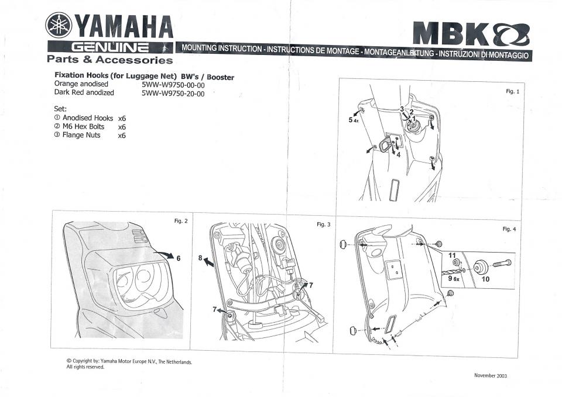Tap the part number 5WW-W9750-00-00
click(x=173, y=85)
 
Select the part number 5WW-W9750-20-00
click(x=173, y=93)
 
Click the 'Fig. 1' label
click(x=512, y=92)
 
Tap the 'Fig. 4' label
click(x=509, y=229)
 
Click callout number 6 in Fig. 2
click(x=179, y=258)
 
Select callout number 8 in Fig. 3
click(x=200, y=257)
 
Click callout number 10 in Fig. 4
click(x=485, y=279)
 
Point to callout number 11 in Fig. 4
click(x=451, y=255)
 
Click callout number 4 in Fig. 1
click(x=398, y=155)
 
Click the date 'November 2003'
click(x=490, y=375)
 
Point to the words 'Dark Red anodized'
click(x=84, y=92)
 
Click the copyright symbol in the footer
click(x=69, y=361)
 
